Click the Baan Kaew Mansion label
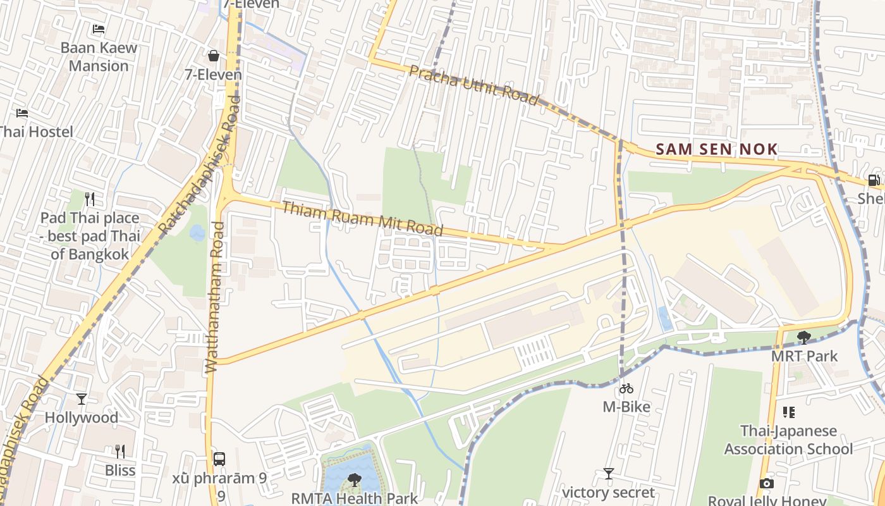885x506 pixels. (99, 56)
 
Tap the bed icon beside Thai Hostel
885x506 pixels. (22, 113)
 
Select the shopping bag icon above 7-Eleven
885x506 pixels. (214, 56)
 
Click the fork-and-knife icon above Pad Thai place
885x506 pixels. (90, 199)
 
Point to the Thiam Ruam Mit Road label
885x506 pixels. (362, 218)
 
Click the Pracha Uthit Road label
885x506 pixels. (473, 85)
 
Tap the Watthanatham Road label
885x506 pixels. (214, 297)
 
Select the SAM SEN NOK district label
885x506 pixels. (716, 149)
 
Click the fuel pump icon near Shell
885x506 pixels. (874, 180)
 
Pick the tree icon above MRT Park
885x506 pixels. (803, 337)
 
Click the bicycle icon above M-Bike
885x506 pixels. (626, 388)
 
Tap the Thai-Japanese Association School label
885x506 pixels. (788, 440)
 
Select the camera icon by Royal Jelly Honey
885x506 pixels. (766, 484)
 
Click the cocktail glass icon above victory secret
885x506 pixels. (608, 474)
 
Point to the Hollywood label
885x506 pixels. (81, 417)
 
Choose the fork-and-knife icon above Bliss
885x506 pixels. (120, 451)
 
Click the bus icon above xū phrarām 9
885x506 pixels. (219, 459)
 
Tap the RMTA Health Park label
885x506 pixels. (354, 498)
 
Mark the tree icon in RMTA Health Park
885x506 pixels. (355, 479)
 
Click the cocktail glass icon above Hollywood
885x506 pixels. (81, 398)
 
